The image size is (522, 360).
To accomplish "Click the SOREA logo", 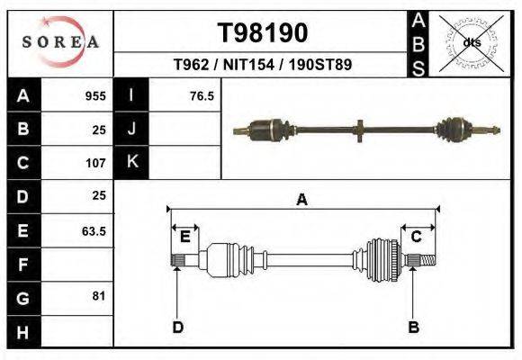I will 60,42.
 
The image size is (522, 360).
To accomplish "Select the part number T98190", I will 263,33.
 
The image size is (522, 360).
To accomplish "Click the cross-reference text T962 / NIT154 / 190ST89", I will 262,65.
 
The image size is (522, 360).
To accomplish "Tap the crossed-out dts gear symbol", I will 472,43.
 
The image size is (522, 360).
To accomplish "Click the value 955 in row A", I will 95,96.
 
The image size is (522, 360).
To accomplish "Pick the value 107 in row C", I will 95,163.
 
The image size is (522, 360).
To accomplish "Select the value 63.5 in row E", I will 94,230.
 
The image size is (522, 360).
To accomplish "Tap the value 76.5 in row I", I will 202,96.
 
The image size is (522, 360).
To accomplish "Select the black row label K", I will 131,163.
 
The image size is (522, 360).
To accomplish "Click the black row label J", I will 131,130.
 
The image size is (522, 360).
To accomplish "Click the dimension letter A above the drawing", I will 302,200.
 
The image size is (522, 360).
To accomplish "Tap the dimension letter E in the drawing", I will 184,237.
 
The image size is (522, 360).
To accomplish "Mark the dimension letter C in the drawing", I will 417,237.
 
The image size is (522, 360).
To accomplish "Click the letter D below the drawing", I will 178,327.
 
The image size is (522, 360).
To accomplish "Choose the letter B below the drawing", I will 413,327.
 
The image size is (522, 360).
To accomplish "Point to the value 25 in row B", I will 99,130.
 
